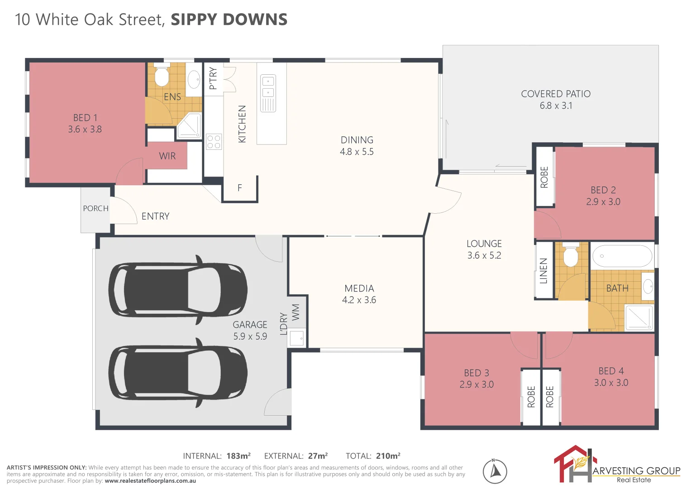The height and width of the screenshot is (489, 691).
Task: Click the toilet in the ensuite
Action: coord(162,76)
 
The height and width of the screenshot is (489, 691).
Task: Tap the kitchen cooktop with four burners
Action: coord(214,142)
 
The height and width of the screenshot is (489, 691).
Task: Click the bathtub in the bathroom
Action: coord(622,256)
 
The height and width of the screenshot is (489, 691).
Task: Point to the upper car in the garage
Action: coord(178,290)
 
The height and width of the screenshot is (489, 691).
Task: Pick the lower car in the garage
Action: coord(178,373)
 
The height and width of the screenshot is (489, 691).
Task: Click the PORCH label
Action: coord(95,208)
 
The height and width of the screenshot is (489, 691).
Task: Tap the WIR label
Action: coord(167,156)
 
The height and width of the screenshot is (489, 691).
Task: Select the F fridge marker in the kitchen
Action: coord(239,187)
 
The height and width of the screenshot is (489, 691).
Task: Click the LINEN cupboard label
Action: coord(544,271)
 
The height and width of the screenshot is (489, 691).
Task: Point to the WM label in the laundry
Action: coord(295,312)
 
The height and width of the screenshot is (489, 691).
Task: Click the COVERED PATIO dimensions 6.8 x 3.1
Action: coord(556,105)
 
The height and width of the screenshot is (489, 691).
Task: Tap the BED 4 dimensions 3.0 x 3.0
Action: coord(611,383)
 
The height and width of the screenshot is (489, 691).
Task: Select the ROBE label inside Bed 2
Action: coord(544,177)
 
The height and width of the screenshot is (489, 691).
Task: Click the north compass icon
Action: coord(495,471)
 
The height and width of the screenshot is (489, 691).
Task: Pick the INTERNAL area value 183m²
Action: coord(238,456)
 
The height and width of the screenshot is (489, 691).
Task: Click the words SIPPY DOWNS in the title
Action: coord(229,19)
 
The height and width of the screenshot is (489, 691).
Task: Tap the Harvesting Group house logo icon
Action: coord(573,464)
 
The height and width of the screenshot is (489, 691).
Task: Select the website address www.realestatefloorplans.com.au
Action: coord(150,481)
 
